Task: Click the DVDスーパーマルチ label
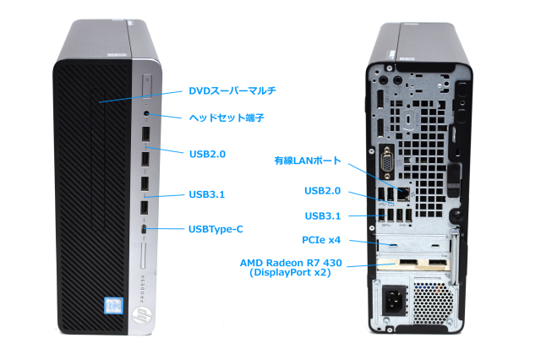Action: pos(232,90)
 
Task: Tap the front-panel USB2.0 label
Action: pos(207,153)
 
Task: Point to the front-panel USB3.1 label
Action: pos(207,194)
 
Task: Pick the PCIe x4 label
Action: pos(324,241)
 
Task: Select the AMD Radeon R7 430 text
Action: pos(291,264)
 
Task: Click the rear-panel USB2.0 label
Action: pos(323,192)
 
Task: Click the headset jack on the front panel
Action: pos(147,112)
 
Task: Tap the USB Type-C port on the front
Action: pos(145,229)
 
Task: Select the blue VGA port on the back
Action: pos(386,163)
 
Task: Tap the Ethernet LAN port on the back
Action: pos(404,193)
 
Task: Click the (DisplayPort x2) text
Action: pos(291,274)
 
